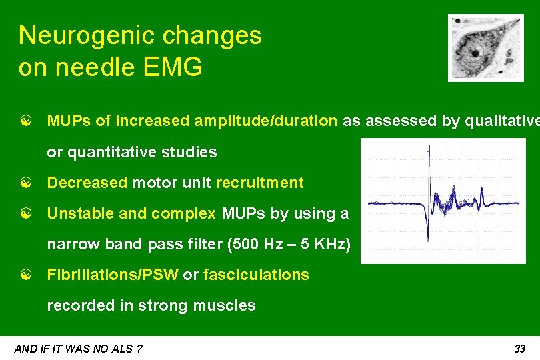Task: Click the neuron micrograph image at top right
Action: (x=485, y=48)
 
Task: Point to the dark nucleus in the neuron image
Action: (x=475, y=53)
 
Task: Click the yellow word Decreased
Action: (x=87, y=183)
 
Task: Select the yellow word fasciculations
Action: (x=256, y=275)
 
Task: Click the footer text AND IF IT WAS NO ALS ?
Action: (x=78, y=349)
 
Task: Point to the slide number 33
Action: (x=520, y=349)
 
